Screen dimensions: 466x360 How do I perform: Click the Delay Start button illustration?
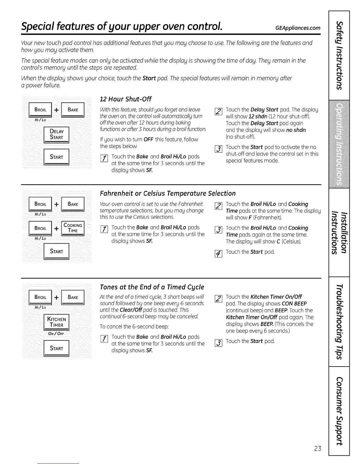click(56, 134)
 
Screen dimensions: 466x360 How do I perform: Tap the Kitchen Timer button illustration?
click(56, 322)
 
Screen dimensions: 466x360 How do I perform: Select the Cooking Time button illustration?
click(73, 228)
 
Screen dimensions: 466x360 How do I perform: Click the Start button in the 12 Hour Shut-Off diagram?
click(56, 157)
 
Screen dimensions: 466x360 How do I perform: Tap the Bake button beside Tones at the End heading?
click(73, 297)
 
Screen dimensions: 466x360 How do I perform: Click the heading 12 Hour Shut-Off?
click(126, 99)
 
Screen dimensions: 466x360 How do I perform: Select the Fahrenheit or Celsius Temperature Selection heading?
click(168, 193)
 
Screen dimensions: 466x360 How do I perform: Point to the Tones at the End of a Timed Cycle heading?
click(152, 287)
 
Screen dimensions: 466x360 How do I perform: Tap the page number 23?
click(317, 448)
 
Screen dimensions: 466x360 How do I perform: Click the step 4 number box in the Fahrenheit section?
click(218, 253)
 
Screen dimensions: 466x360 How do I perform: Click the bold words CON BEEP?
click(294, 304)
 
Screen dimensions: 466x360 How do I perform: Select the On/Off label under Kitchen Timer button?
click(56, 334)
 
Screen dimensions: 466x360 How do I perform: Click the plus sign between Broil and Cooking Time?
click(56, 228)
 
